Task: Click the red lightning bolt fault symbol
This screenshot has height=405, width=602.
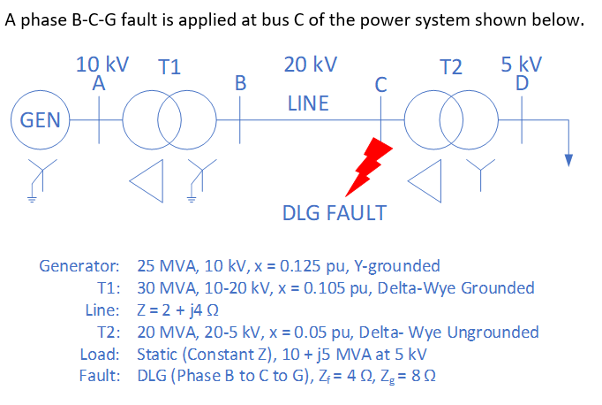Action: pos(367,166)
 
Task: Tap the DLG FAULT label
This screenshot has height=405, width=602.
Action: pos(334,213)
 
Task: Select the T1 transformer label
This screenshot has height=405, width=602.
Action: pos(169,67)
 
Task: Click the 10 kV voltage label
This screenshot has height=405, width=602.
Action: pos(102,65)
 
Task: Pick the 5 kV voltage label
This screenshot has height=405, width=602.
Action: pos(521,65)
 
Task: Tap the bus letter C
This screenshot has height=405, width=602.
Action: pos(380,85)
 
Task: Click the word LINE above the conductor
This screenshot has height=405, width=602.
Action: pos(308,104)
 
